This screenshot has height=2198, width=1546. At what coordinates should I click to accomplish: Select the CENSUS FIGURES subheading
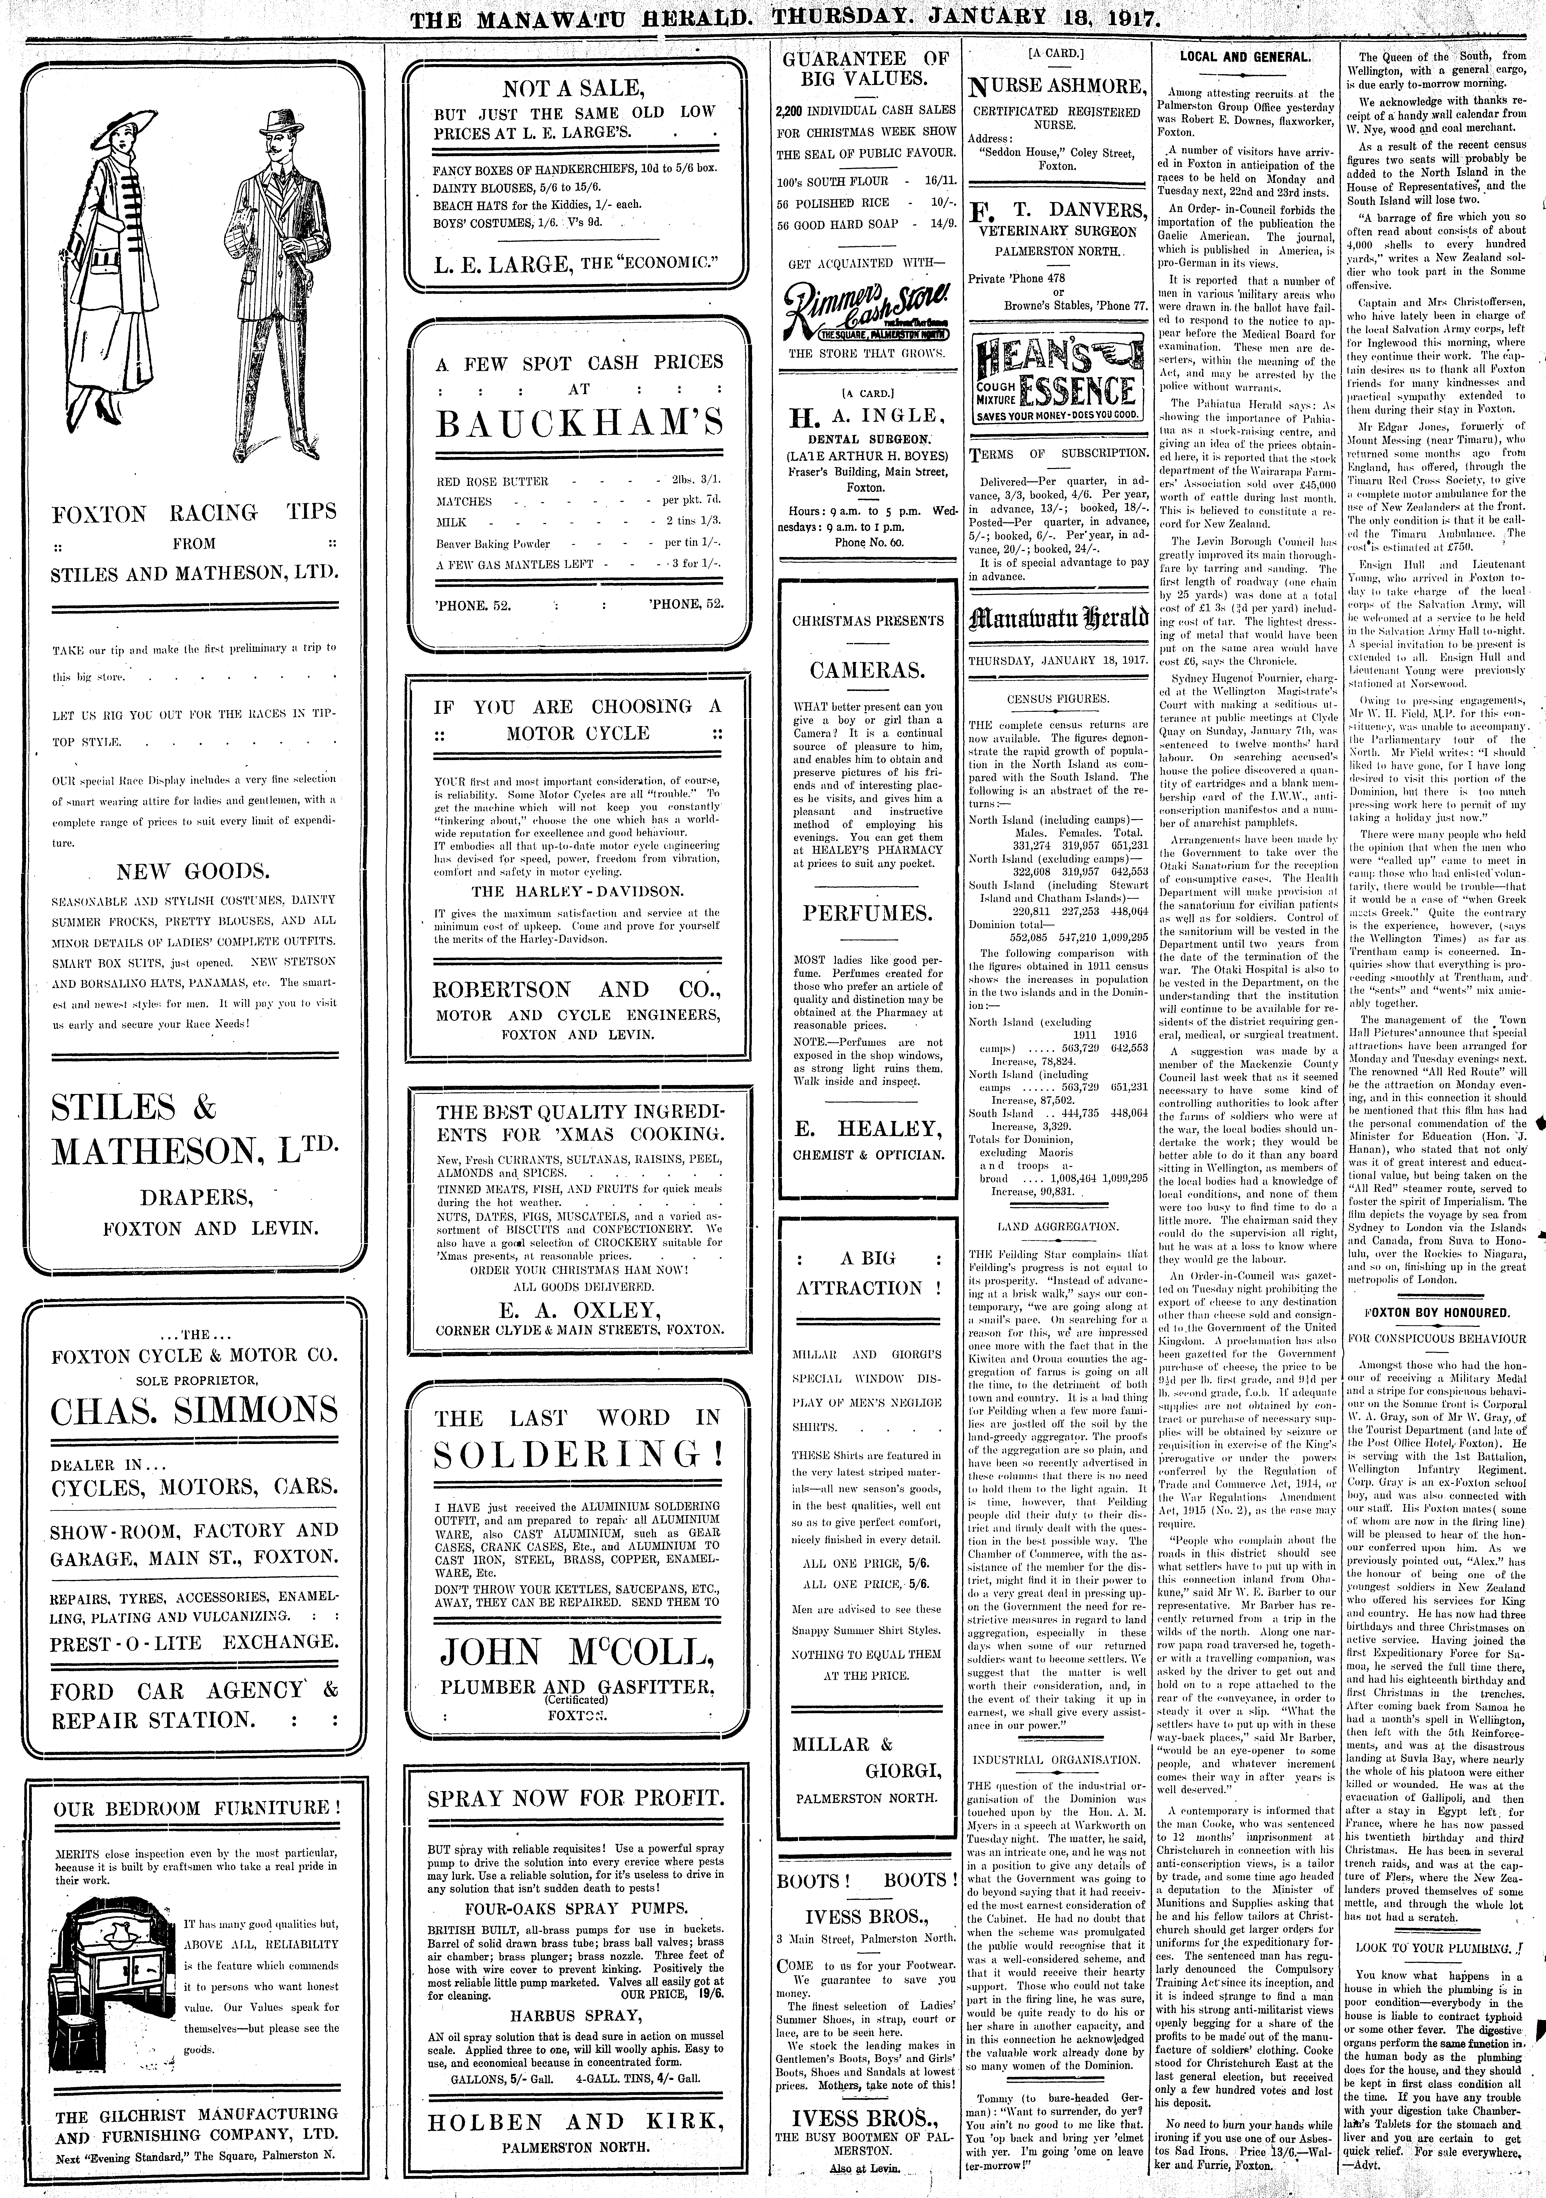point(1058,699)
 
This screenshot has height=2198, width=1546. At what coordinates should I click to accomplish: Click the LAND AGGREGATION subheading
point(1058,1225)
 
